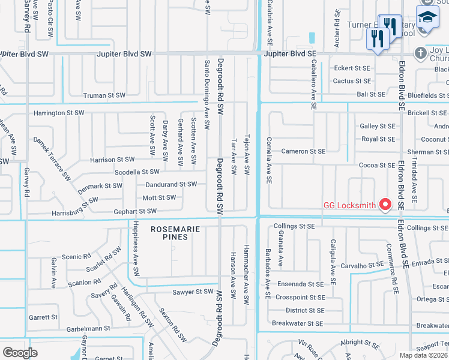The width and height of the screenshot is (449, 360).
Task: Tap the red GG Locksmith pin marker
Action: (385, 205)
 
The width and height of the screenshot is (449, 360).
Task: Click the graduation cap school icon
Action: (427, 17)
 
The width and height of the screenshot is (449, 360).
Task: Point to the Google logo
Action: (20, 353)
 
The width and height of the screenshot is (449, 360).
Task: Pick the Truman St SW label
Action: (104, 95)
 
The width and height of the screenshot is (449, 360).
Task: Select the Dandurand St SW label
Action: (170, 184)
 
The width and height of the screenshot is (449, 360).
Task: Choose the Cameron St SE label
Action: (303, 151)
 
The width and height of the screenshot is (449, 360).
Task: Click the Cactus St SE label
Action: (352, 81)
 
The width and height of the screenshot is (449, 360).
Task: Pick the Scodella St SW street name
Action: (128, 172)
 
